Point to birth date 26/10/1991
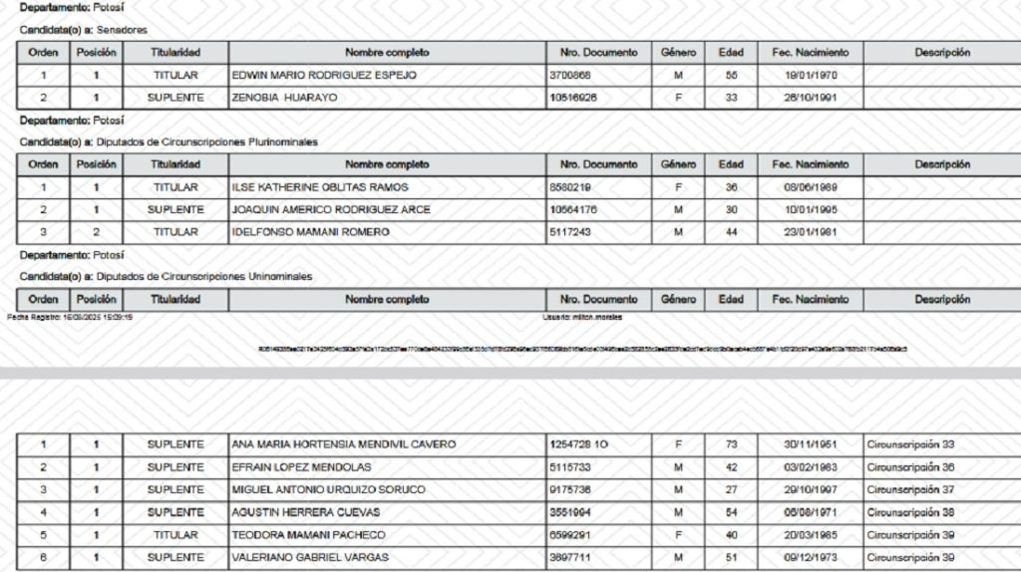(810, 98)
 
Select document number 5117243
(569, 232)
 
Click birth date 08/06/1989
(810, 187)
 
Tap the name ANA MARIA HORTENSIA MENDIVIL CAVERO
(343, 443)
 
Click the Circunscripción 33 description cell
(910, 443)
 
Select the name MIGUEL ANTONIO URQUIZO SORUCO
(328, 489)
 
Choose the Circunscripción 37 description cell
(910, 489)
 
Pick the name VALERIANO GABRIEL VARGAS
(309, 557)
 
